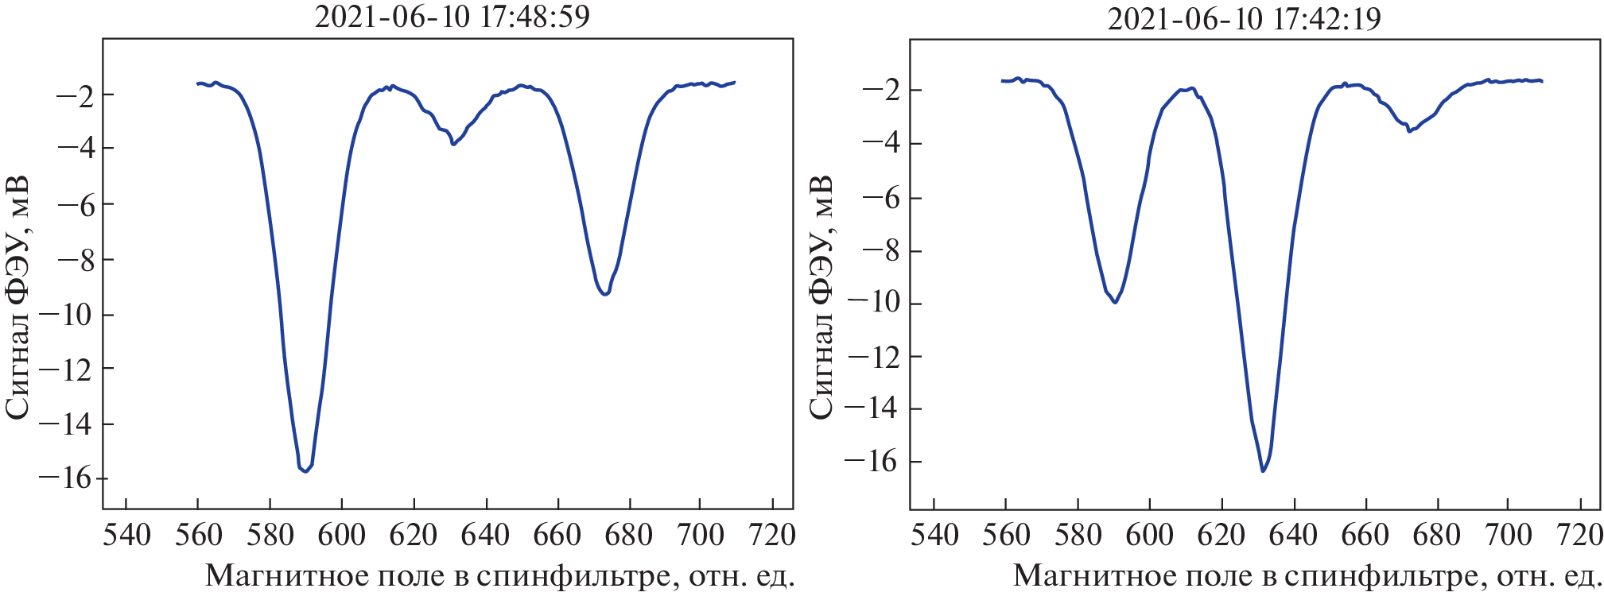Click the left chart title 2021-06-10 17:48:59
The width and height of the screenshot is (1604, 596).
click(x=452, y=17)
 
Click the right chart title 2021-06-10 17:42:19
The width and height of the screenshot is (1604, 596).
click(x=1245, y=18)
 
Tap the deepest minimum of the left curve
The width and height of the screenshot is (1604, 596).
click(x=305, y=471)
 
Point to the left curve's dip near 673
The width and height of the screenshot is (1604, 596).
click(x=606, y=294)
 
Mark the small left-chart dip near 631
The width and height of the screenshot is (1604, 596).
click(x=453, y=144)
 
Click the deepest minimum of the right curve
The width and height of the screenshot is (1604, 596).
click(x=1263, y=471)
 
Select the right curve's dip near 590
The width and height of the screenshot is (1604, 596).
click(x=1115, y=302)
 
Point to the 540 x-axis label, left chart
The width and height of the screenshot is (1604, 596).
click(x=126, y=536)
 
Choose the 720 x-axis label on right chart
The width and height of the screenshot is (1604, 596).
click(x=1579, y=536)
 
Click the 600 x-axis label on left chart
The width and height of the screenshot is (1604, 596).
click(x=342, y=536)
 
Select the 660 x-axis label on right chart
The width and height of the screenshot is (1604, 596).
click(x=1365, y=536)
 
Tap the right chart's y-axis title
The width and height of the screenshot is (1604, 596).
click(x=821, y=296)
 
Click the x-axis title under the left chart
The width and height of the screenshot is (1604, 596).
click(x=499, y=575)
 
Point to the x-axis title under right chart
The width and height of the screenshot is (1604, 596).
click(x=1307, y=575)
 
